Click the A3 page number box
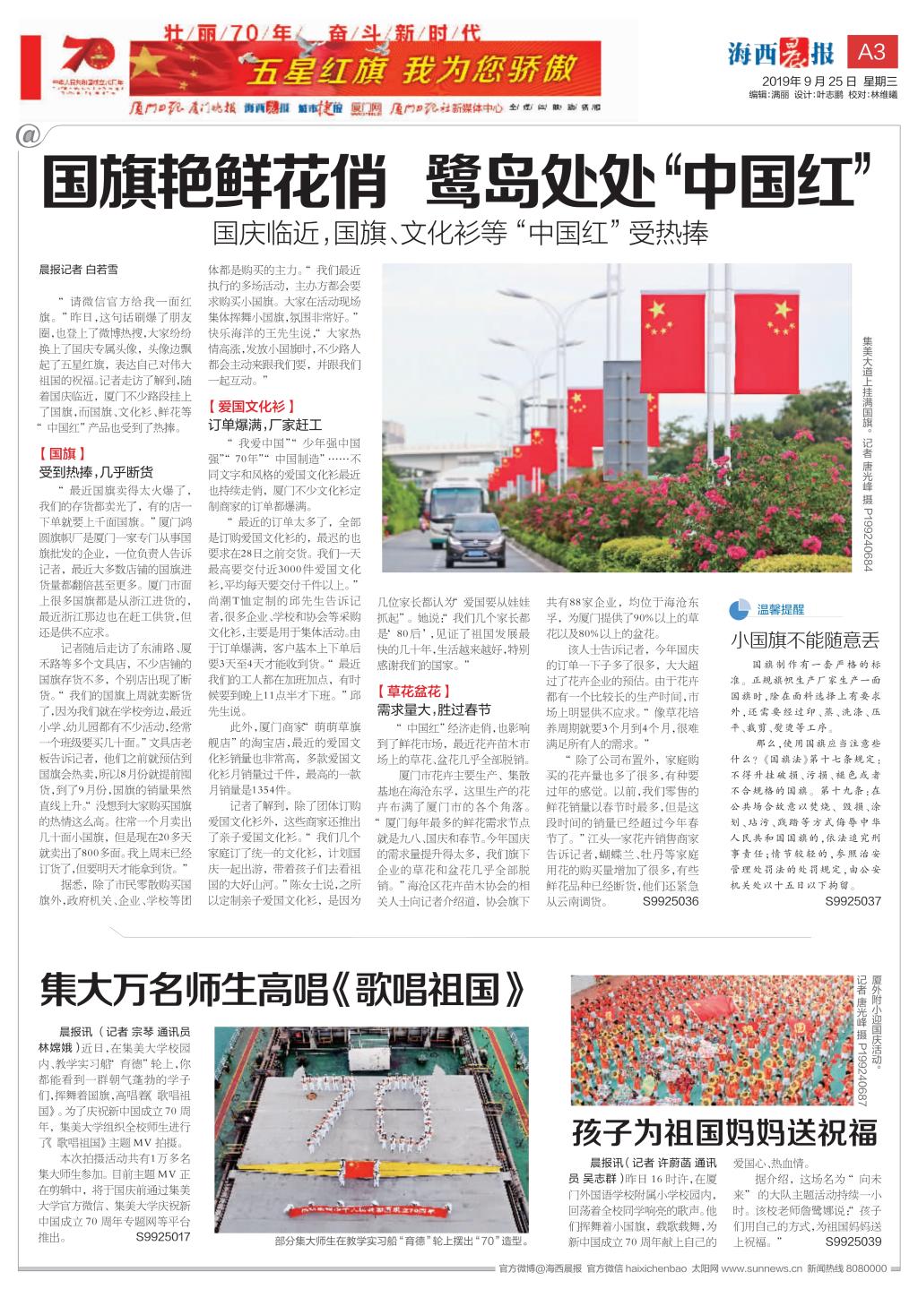(x=871, y=52)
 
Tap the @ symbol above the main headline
(x=28, y=135)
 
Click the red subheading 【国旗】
(x=62, y=454)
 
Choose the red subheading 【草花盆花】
(x=413, y=691)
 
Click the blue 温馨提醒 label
(x=781, y=609)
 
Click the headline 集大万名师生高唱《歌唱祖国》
(x=281, y=992)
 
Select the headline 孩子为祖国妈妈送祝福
(x=724, y=1132)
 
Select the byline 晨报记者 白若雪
(x=78, y=268)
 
